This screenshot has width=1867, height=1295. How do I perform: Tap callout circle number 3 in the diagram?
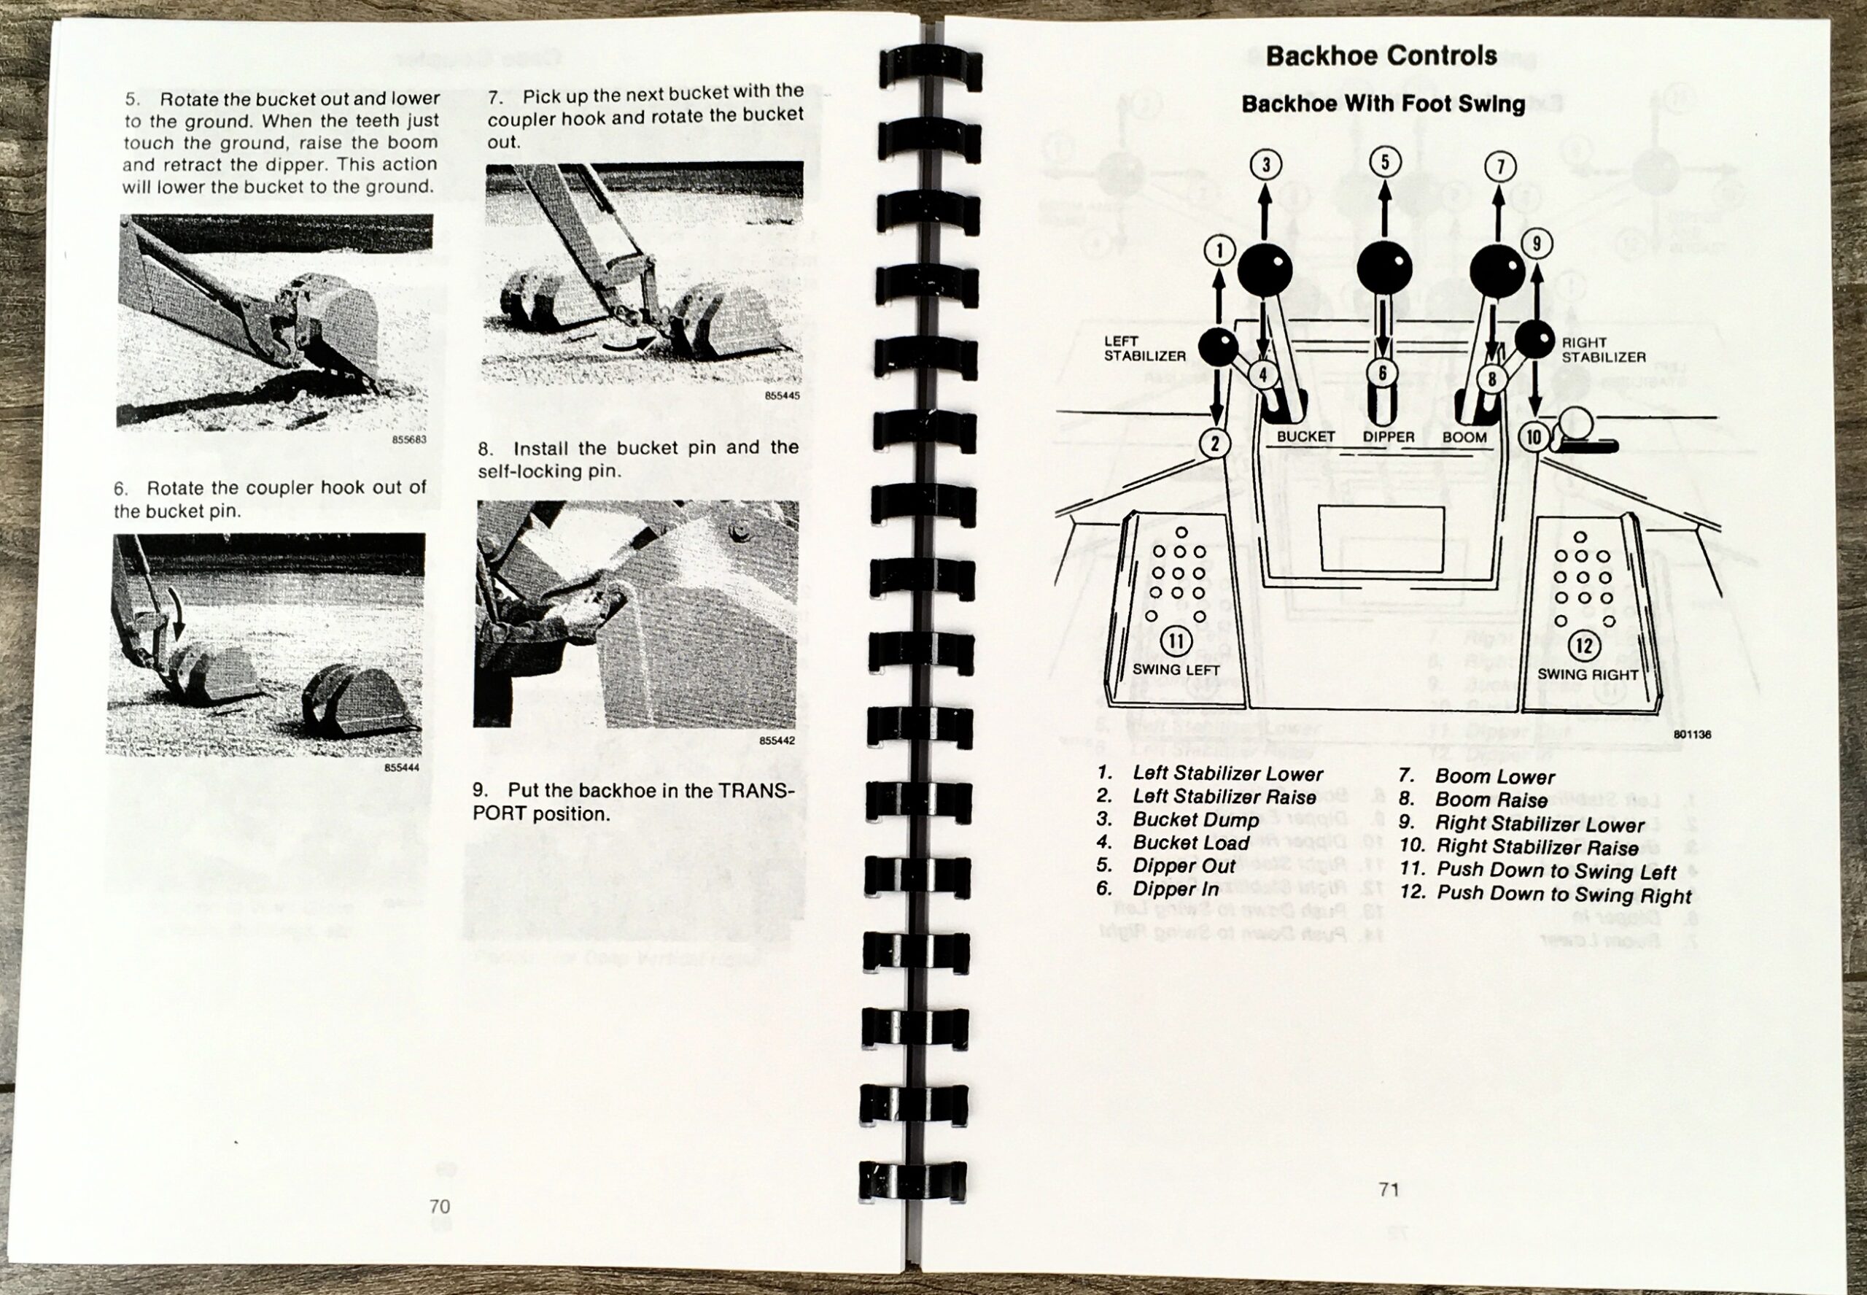(x=1265, y=166)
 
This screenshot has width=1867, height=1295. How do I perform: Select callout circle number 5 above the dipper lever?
(x=1384, y=161)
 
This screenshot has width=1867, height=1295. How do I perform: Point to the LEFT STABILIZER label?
(x=1144, y=349)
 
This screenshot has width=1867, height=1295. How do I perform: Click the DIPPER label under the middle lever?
(x=1388, y=437)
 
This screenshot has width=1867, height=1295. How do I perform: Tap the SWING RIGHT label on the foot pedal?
(x=1587, y=674)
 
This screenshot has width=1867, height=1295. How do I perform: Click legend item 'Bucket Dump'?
(x=1195, y=819)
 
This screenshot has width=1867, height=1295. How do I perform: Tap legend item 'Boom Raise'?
(x=1491, y=800)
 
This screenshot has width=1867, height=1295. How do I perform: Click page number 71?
(x=1389, y=1189)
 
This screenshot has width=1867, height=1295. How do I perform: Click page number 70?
(x=440, y=1207)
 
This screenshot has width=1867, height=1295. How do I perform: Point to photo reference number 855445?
(x=782, y=396)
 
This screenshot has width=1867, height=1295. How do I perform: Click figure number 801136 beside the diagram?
(x=1691, y=735)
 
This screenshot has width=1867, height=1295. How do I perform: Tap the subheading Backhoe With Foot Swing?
(x=1383, y=104)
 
